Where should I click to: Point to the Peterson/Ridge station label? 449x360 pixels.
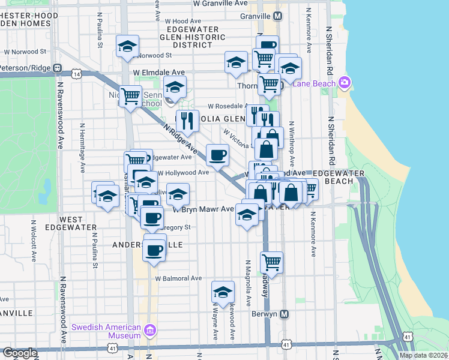click(x=28, y=68)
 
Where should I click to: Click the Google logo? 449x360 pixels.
click(x=19, y=353)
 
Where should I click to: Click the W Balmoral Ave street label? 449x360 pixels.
click(x=178, y=278)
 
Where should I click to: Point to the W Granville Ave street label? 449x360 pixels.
click(x=220, y=3)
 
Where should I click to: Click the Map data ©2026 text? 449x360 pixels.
click(x=423, y=355)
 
